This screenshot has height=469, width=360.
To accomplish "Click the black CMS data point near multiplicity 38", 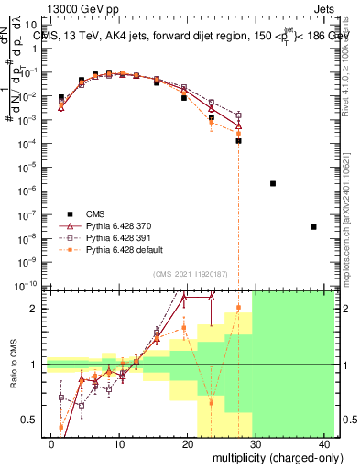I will (x=313, y=227).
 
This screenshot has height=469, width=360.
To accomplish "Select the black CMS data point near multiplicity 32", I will (x=273, y=183).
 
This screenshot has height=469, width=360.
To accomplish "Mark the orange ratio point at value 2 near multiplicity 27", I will (x=238, y=308).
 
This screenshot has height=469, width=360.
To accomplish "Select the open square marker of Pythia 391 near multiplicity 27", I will (x=238, y=115).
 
